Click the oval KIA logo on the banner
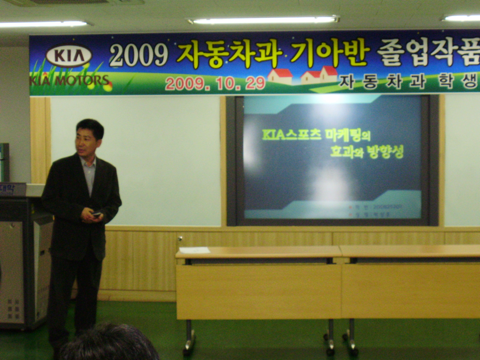[x=69, y=56]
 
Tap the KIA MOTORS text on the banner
[x=70, y=80]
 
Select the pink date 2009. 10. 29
[x=215, y=83]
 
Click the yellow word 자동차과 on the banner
[x=229, y=55]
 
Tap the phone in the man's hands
[x=96, y=214]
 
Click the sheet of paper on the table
[x=194, y=250]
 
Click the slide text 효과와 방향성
[x=366, y=151]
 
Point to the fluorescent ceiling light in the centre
[x=262, y=20]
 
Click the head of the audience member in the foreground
[x=109, y=343]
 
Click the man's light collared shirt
[x=90, y=172]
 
